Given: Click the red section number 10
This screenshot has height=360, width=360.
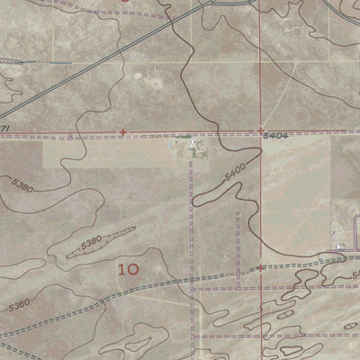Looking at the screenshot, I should click(x=129, y=268).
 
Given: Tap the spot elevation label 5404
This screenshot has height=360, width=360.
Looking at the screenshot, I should click(x=276, y=135).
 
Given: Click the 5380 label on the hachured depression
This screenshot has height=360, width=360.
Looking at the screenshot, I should click(x=91, y=242).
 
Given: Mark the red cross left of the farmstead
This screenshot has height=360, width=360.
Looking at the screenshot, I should click(x=122, y=133).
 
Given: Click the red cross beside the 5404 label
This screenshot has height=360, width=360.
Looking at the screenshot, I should click(x=260, y=130).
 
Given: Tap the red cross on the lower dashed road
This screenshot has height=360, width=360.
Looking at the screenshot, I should click(x=260, y=267).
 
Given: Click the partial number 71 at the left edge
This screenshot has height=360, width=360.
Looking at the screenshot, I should click(x=4, y=130).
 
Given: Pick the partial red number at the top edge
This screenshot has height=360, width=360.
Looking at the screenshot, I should click(x=126, y=2).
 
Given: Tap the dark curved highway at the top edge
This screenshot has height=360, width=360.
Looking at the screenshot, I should click(x=220, y=3).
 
